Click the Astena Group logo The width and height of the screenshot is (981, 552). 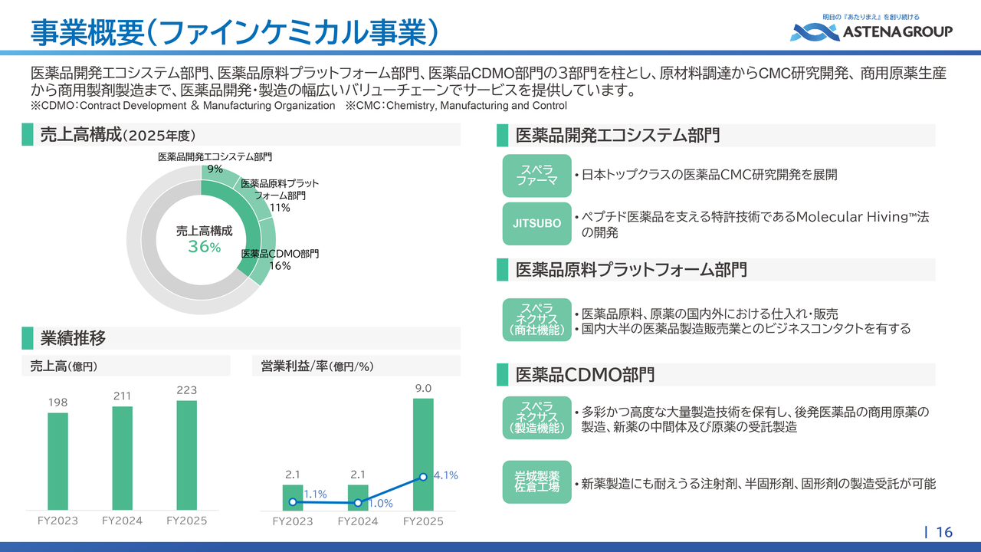(871, 30)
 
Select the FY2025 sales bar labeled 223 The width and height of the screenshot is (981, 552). (186, 455)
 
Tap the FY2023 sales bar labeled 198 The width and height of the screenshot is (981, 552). (57, 461)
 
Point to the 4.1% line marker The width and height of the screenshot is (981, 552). (423, 477)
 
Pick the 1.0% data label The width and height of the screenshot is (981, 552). (380, 504)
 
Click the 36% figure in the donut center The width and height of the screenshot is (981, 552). (204, 247)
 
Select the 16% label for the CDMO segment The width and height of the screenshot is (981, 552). (280, 266)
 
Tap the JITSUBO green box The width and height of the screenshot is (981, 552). (536, 223)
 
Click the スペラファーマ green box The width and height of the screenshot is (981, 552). (536, 175)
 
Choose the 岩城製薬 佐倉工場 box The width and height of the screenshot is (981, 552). (536, 482)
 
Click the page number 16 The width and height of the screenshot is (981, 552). (944, 532)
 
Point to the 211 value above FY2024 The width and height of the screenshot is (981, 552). (122, 396)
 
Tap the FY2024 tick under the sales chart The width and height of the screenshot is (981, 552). (122, 521)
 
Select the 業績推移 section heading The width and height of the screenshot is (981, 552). (73, 338)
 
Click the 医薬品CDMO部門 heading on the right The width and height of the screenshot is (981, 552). (585, 375)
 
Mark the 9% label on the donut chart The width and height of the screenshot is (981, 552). (215, 169)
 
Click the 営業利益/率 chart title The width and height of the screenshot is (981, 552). (312, 366)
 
